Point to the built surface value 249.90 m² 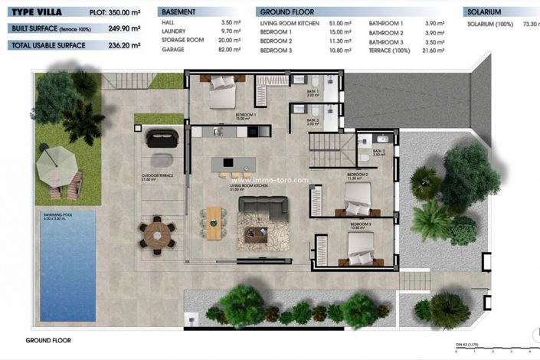tap(126, 28)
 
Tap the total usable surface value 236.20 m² tap(126, 45)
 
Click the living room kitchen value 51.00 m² tap(335, 25)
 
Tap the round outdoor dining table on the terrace tap(157, 234)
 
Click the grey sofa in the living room tap(263, 205)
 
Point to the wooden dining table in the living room tap(213, 221)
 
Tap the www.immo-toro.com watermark tap(270, 181)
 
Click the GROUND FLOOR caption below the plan tap(48, 339)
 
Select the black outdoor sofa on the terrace tap(162, 138)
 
